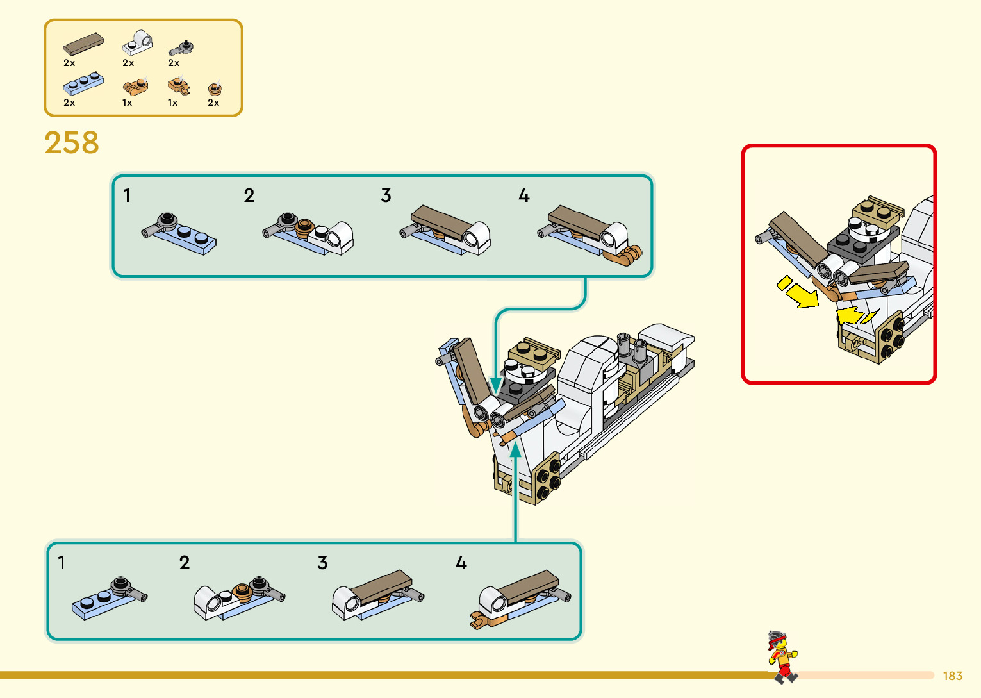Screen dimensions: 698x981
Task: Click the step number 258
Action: pos(72,142)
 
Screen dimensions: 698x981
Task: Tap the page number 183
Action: pos(952,676)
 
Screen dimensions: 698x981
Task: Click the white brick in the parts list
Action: pos(138,43)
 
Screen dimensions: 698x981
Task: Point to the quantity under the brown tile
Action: pos(69,63)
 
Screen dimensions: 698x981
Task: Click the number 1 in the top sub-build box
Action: pos(127,195)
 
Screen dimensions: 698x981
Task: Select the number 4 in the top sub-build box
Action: pos(524,195)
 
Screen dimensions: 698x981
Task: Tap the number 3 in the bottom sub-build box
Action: pos(322,563)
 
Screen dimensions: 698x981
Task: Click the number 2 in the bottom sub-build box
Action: pos(185,563)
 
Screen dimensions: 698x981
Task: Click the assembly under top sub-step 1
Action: pos(179,233)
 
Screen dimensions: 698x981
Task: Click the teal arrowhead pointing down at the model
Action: pos(496,386)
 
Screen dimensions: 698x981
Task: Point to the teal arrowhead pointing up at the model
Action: pos(516,451)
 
